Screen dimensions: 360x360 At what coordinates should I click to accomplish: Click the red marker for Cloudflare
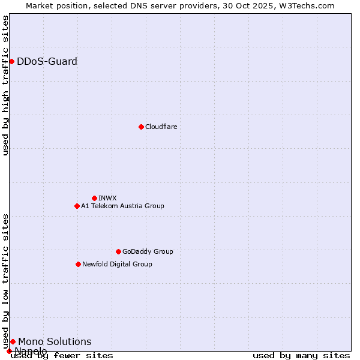pyautogui.click(x=141, y=127)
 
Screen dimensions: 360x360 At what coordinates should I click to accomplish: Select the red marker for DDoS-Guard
pyautogui.click(x=11, y=61)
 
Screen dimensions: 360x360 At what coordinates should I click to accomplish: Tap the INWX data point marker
pyautogui.click(x=94, y=198)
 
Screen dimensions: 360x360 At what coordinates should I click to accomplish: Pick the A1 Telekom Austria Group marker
pyautogui.click(x=77, y=206)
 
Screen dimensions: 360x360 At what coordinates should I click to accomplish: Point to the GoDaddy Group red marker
pyautogui.click(x=118, y=251)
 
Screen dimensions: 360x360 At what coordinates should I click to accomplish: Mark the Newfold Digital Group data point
pyautogui.click(x=78, y=264)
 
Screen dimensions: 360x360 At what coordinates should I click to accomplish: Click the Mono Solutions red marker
pyautogui.click(x=13, y=341)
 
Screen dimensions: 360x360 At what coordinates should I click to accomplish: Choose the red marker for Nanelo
pyautogui.click(x=9, y=351)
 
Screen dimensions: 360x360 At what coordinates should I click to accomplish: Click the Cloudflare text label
pyautogui.click(x=161, y=127)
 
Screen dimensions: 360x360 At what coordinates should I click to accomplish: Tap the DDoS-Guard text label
pyautogui.click(x=47, y=61)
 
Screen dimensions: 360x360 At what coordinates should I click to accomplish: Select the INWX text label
pyautogui.click(x=107, y=198)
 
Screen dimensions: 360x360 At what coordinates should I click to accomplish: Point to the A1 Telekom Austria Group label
pyautogui.click(x=122, y=206)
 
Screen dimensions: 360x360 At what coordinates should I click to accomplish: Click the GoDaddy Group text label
pyautogui.click(x=148, y=251)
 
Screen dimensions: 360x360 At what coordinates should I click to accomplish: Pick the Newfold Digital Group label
pyautogui.click(x=117, y=264)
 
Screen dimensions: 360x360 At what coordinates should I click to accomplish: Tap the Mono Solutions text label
pyautogui.click(x=55, y=341)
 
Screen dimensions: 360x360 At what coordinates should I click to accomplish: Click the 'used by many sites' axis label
pyautogui.click(x=301, y=355)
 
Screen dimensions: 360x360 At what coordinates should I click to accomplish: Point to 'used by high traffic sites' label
pyautogui.click(x=6, y=85)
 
